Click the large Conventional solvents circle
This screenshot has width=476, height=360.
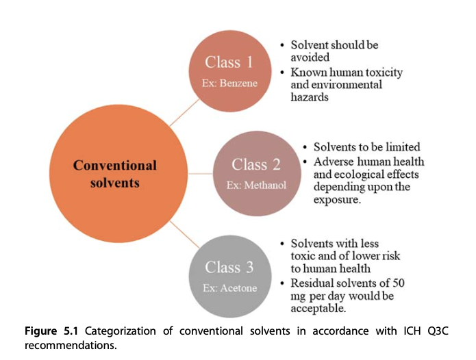coord(118,173)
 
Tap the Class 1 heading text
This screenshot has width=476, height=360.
coord(229,62)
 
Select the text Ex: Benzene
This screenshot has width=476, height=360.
coord(229,83)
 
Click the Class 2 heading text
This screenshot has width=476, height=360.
coord(256,164)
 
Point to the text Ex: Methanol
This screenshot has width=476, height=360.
coord(256,185)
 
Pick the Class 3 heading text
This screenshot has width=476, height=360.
coord(229,267)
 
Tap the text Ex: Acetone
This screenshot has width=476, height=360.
coord(230,288)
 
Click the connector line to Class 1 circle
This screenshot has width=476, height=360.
coord(184,112)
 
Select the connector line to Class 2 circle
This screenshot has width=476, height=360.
coord(201,174)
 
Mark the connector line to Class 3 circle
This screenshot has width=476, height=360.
coord(184,235)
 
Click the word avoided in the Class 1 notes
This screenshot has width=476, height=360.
coord(310,57)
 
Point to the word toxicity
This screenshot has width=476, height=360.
coord(384,73)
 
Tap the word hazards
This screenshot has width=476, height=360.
coord(310,97)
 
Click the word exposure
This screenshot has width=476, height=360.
coord(337,200)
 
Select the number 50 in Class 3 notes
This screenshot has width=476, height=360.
coord(399,283)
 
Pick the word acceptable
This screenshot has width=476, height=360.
coord(318,309)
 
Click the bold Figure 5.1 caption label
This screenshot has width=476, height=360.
coord(51,331)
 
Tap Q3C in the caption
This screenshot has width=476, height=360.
coord(438,331)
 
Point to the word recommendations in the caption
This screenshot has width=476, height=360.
coord(71,346)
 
